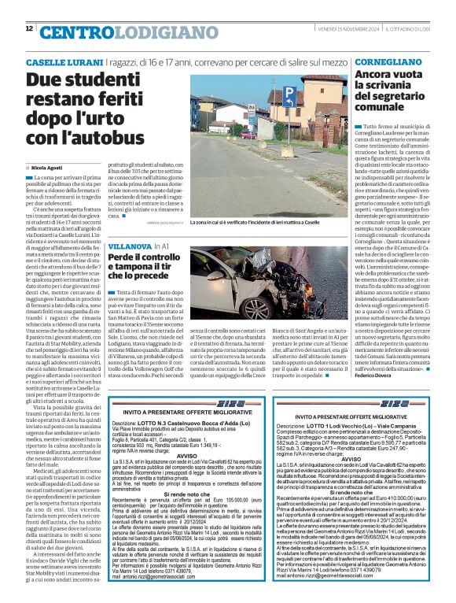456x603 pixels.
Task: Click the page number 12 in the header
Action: (x=29, y=28)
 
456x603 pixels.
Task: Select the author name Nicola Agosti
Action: (x=50, y=168)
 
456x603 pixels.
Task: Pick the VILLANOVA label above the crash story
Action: (x=130, y=246)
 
